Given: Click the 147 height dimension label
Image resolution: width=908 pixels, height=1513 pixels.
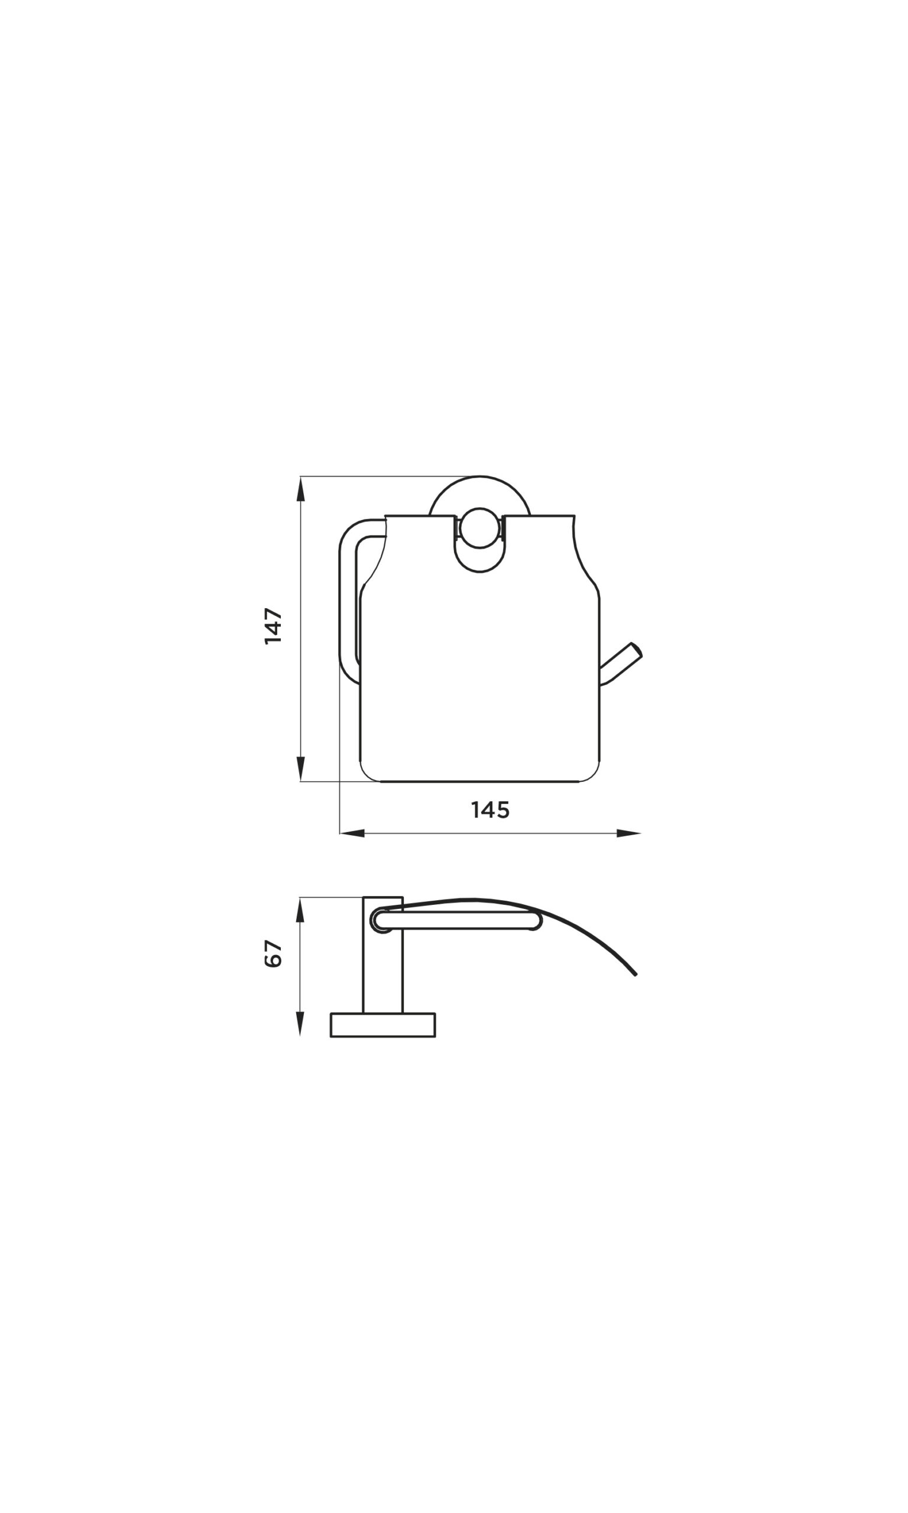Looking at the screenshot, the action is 273,626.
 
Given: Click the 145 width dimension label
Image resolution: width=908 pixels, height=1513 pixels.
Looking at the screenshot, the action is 490,810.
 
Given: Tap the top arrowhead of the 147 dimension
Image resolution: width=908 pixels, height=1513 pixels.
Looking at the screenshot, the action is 300,489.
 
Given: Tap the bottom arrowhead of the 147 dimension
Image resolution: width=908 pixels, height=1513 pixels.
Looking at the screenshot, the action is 300,769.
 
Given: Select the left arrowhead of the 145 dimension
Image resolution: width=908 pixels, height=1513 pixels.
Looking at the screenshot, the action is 352,833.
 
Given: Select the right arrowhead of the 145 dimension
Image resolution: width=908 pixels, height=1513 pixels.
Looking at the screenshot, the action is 628,833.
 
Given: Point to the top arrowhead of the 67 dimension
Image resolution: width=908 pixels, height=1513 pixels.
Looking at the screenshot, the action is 300,910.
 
